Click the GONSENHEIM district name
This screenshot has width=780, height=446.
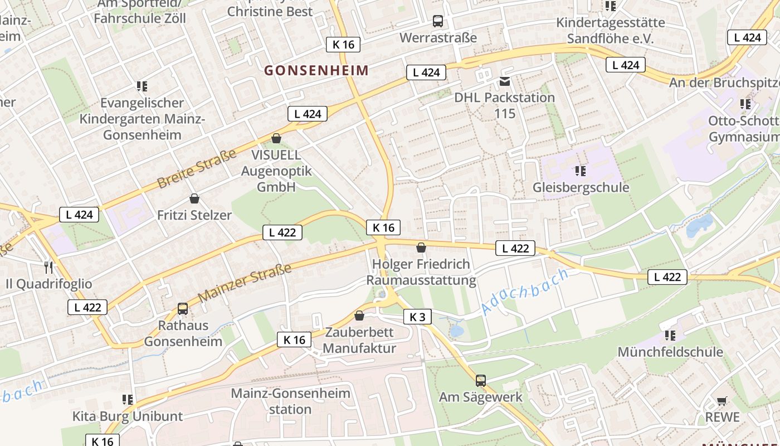pos(316,70)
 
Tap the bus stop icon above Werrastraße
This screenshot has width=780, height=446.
pos(438,22)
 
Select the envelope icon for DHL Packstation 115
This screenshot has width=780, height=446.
pos(505,81)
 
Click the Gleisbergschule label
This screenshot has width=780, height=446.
pos(581,187)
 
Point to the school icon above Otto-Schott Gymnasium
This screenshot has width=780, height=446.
pos(745,104)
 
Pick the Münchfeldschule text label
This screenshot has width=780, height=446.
pos(670,352)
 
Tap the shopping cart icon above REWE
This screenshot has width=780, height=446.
pos(722,401)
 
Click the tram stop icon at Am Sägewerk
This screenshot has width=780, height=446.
pos(481,381)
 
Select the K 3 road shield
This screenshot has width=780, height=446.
pos(417,317)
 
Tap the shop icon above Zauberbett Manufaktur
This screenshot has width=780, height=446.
pos(359,316)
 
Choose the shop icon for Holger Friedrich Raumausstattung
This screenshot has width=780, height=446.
pos(421,248)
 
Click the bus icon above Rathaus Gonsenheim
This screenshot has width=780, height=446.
pos(183,309)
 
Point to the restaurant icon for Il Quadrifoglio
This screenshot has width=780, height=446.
pos(48,268)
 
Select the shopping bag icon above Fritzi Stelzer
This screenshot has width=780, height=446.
pos(194,198)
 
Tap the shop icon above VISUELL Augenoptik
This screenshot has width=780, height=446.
pos(276,138)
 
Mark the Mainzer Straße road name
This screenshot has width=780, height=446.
pos(245,283)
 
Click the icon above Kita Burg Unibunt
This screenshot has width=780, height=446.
pos(128,400)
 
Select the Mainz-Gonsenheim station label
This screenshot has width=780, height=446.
pos(290,401)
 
